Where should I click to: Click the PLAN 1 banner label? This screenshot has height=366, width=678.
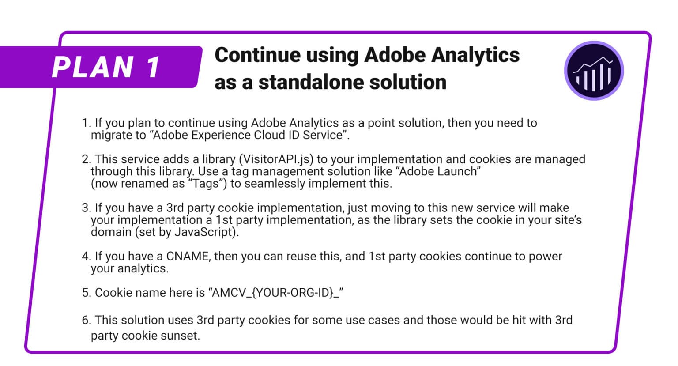[x=106, y=67]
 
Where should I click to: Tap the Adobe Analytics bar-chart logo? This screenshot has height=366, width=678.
[x=594, y=71]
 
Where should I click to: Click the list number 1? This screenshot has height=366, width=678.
[x=86, y=123]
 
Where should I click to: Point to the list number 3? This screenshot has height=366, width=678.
[x=86, y=208]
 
